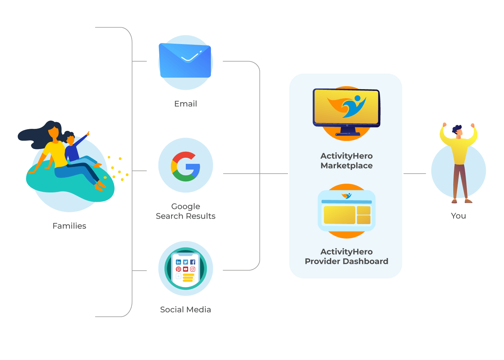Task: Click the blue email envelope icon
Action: [185, 60]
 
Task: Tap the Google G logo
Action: [185, 167]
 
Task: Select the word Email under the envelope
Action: [185, 104]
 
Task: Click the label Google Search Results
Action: [185, 211]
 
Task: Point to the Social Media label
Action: [185, 310]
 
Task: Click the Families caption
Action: [69, 226]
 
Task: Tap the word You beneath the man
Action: [458, 216]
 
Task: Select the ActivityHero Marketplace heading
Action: [346, 160]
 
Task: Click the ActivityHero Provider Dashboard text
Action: [346, 256]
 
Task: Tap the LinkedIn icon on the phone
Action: [178, 262]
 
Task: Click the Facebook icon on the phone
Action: [193, 262]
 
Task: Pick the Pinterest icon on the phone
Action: [178, 269]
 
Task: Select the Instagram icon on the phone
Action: [193, 269]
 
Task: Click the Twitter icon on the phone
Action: [185, 262]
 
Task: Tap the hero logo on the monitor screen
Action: [346, 107]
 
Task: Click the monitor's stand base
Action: [348, 134]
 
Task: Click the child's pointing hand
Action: [88, 133]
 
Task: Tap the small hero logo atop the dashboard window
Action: [346, 196]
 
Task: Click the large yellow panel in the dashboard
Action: [339, 215]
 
